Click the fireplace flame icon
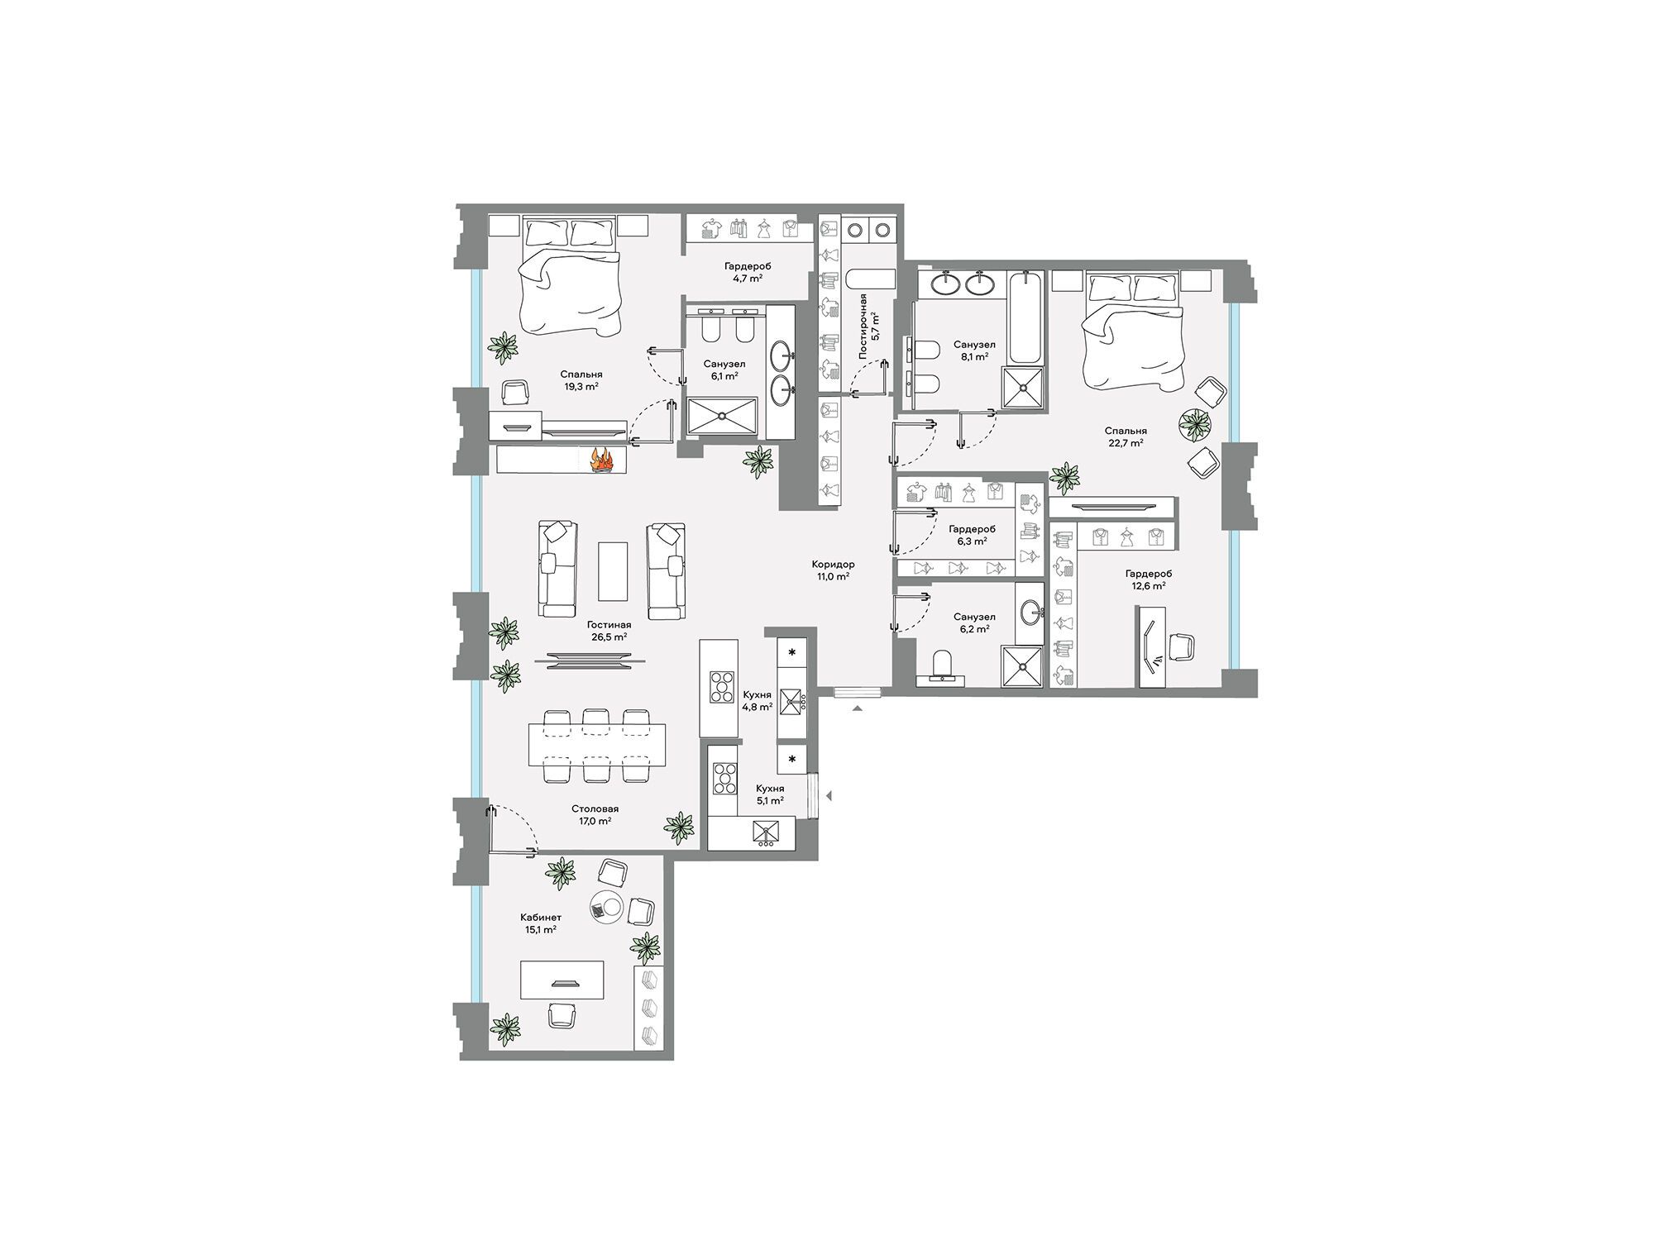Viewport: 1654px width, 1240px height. point(601,459)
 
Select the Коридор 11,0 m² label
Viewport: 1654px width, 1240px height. point(833,570)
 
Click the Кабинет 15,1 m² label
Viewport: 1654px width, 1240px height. point(541,923)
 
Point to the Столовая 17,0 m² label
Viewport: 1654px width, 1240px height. point(595,815)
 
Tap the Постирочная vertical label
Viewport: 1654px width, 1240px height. point(864,325)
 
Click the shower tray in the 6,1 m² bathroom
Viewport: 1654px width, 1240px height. point(722,416)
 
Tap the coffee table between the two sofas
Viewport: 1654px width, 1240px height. point(613,571)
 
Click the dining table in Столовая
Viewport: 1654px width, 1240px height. point(597,745)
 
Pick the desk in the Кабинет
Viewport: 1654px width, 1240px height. point(562,980)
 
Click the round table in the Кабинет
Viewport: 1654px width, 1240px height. point(609,907)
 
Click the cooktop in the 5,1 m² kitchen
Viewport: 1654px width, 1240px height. point(725,778)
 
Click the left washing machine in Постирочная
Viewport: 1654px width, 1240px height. point(856,229)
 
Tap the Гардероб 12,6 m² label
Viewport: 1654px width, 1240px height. point(1148,579)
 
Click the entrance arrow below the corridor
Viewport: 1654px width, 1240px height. point(858,708)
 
